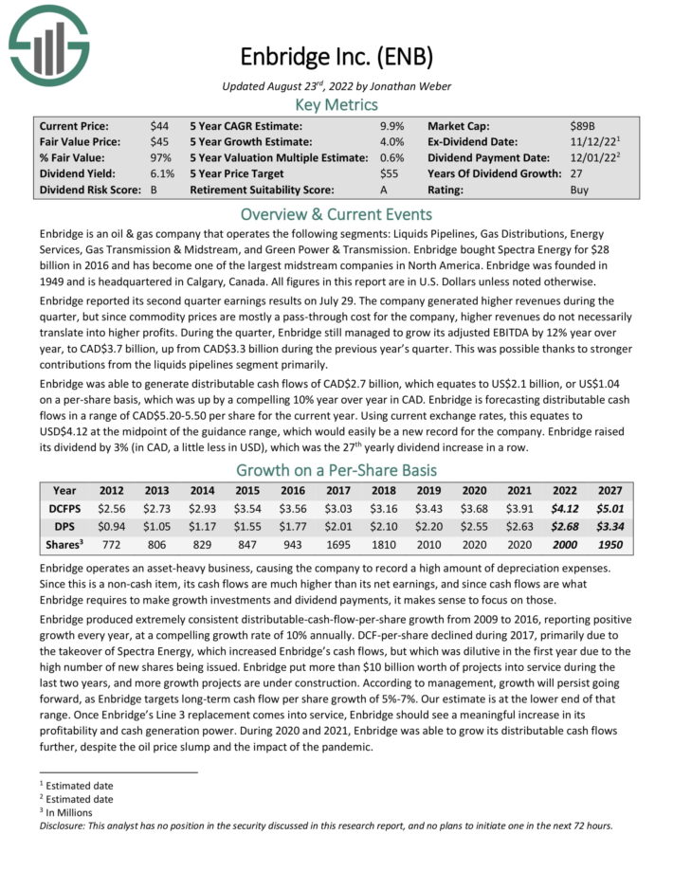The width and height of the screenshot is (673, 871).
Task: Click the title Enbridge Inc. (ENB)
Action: pyautogui.click(x=336, y=58)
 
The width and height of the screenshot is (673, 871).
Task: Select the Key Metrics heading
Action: pyautogui.click(x=336, y=105)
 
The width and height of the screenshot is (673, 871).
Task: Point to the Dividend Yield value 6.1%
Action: pyautogui.click(x=162, y=173)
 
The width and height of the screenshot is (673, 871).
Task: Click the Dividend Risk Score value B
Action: pyautogui.click(x=155, y=190)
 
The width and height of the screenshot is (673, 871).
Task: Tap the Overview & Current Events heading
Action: pyautogui.click(x=336, y=213)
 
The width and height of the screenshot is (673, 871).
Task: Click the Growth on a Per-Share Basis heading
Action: pyautogui.click(x=336, y=471)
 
